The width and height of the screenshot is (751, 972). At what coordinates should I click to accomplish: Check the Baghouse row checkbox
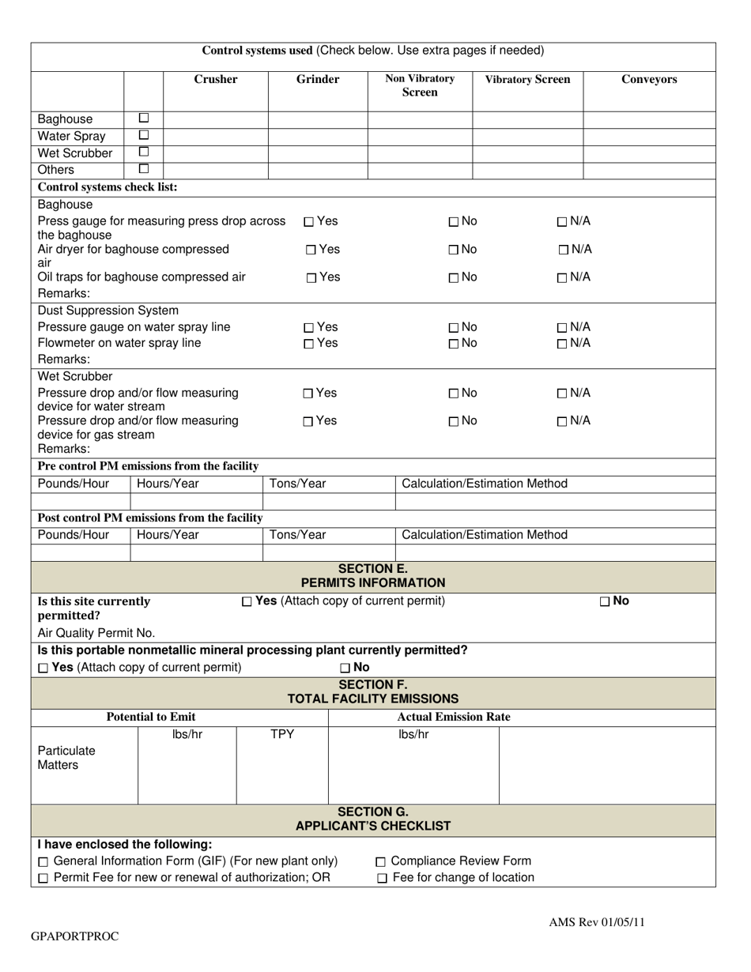point(144,119)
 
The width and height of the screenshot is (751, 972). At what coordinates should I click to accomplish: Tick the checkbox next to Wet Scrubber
point(144,152)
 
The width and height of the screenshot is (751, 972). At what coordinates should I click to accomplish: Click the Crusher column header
point(216,79)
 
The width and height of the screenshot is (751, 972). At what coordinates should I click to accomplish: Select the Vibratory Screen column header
point(527,79)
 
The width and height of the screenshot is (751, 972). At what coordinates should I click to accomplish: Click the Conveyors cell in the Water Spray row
point(649,136)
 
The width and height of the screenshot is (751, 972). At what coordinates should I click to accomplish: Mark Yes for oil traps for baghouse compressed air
point(311,277)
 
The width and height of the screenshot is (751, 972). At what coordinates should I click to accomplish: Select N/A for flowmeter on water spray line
point(562,344)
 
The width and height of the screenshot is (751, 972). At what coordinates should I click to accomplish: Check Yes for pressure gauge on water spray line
point(309,328)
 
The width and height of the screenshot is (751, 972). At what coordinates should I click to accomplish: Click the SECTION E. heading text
point(373,569)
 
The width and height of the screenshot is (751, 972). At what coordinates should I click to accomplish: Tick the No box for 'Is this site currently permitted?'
point(605,601)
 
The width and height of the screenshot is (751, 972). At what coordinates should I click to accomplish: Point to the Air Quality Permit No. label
point(96,633)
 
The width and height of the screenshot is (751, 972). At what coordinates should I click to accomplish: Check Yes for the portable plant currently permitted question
point(43,669)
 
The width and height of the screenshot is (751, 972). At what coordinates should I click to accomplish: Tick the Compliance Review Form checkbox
point(381,862)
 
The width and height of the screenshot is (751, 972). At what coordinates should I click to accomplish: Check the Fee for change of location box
point(382,879)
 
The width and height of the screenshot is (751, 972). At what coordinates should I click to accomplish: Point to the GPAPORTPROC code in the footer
point(75,936)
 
